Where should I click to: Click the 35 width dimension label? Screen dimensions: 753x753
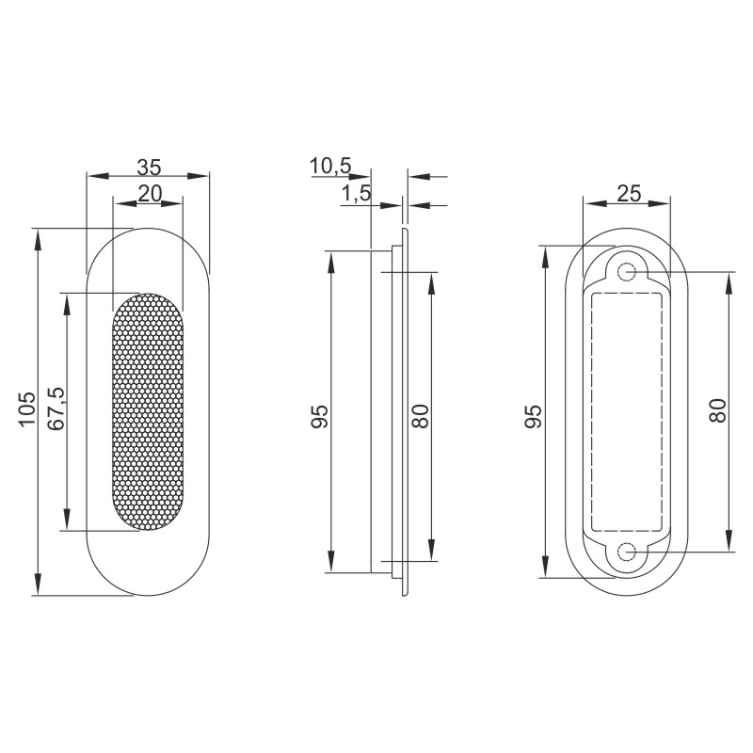click(x=149, y=168)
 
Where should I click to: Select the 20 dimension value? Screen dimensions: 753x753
click(x=149, y=193)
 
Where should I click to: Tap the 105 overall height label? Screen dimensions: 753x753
click(x=27, y=410)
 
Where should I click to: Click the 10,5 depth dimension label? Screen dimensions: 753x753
click(x=329, y=168)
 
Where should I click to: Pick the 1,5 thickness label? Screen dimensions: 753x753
click(x=355, y=194)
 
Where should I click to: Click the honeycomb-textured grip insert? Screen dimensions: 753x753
click(x=149, y=412)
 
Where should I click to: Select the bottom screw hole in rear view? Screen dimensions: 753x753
click(x=627, y=553)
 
